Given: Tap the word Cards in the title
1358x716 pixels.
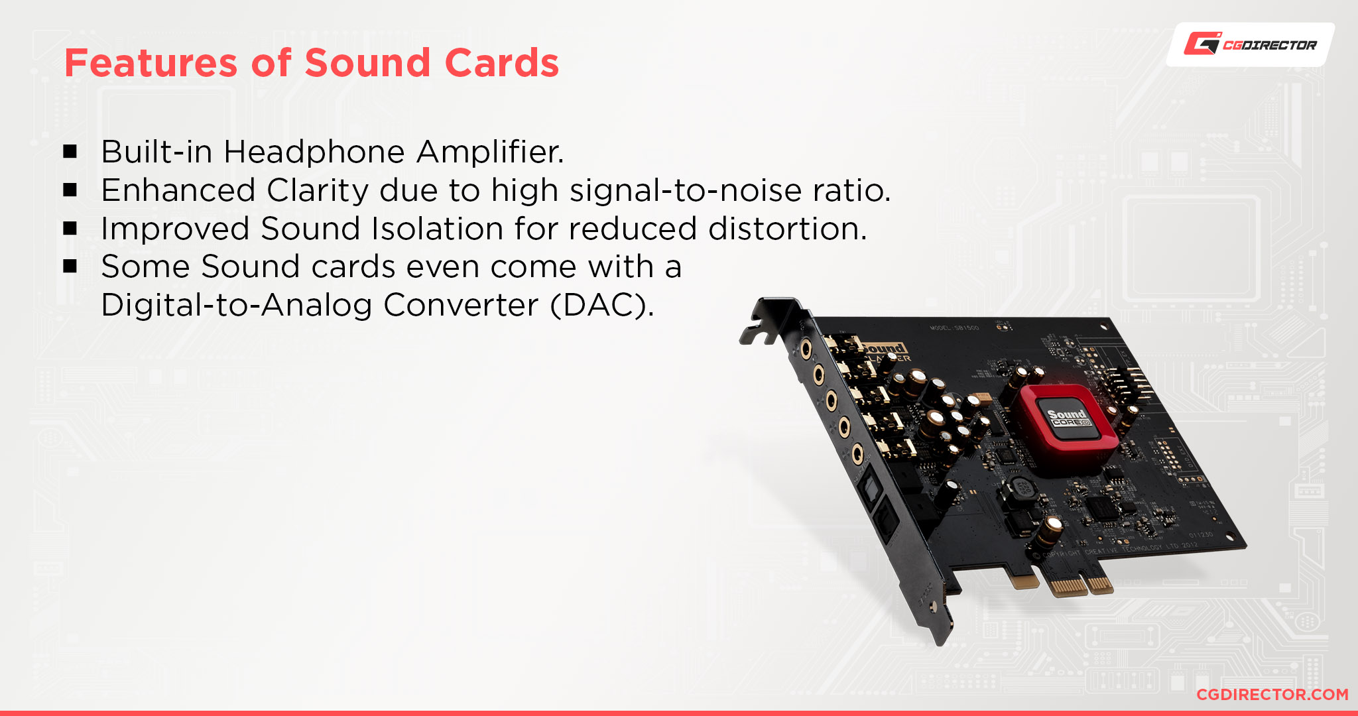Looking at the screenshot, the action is tap(502, 63).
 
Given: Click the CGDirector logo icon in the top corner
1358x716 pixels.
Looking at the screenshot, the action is tap(1202, 43).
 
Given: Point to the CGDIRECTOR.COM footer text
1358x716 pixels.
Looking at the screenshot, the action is tap(1272, 694).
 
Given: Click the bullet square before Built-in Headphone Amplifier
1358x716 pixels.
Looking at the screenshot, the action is tap(70, 152).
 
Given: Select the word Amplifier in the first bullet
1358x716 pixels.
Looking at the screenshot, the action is tap(490, 152).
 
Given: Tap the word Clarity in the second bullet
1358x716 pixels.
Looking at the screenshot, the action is tap(318, 190).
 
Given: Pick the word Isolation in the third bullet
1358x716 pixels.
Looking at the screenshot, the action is tap(438, 229).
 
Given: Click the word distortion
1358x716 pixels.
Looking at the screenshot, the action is tap(787, 229).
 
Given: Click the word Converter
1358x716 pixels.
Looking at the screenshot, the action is tap(461, 306).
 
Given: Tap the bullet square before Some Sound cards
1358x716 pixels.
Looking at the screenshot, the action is tap(70, 267).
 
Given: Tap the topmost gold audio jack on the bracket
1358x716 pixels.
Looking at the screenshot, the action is tap(806, 348).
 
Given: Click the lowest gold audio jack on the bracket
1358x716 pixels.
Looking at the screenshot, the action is tap(857, 454).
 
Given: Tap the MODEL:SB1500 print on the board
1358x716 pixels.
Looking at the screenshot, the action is tap(954, 328).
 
